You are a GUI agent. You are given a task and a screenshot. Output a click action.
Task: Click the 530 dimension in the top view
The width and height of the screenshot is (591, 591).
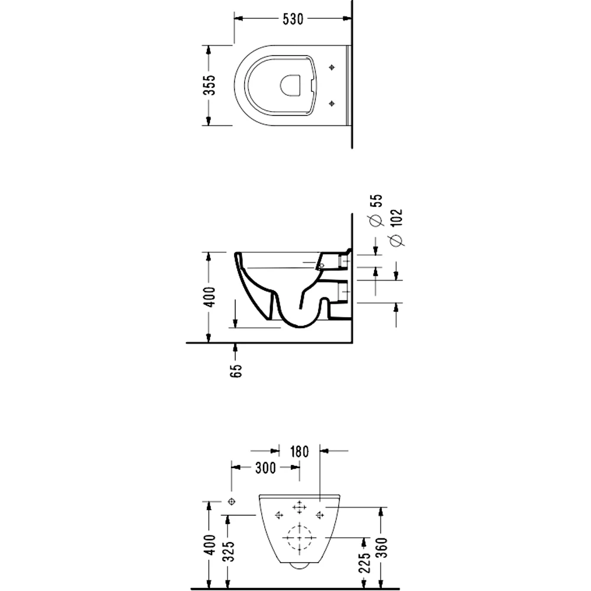[293, 19]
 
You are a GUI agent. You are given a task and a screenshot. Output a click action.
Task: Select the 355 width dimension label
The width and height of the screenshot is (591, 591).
[210, 85]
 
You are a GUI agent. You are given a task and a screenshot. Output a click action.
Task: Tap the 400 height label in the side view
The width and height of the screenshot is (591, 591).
[210, 297]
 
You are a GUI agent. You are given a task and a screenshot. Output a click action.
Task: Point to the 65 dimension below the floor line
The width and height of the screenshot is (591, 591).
[236, 371]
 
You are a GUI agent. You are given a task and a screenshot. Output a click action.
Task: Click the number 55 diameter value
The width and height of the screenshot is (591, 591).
[376, 200]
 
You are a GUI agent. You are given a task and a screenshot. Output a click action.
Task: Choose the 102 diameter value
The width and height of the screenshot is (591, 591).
[397, 218]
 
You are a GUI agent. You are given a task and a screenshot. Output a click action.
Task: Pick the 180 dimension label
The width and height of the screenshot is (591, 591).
[300, 452]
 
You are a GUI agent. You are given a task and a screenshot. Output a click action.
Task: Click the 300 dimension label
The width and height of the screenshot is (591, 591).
[266, 467]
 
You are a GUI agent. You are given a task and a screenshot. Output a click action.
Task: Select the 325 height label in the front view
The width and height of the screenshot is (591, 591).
[228, 551]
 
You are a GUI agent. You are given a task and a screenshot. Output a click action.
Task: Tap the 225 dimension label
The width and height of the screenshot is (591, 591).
[365, 563]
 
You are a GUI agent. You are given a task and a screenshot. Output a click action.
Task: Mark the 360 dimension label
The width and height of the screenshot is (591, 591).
[382, 548]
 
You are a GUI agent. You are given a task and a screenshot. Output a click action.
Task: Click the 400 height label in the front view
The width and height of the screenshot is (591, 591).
[210, 545]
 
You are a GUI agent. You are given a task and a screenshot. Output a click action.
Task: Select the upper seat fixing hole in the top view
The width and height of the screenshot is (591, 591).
[332, 67]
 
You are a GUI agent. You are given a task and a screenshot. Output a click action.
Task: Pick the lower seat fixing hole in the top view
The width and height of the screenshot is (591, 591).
[332, 103]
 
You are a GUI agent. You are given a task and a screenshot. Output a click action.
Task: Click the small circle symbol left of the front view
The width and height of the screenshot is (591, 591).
[232, 502]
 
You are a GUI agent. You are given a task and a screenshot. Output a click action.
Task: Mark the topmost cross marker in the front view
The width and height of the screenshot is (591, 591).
[299, 507]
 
